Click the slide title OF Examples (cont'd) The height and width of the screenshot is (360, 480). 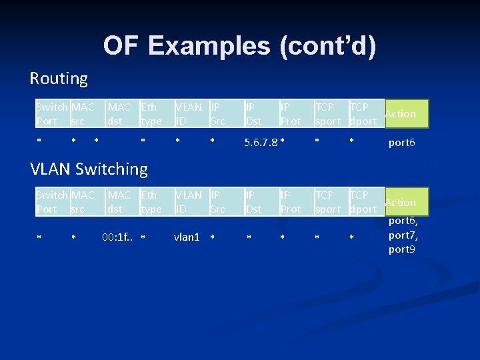pos(239,46)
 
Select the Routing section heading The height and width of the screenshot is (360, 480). pos(59,79)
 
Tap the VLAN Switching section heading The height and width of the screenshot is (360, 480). pos(89,169)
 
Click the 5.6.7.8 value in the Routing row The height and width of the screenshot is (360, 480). pos(261,142)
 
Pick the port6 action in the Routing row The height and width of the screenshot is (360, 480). pos(401,142)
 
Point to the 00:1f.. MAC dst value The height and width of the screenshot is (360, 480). pos(119,237)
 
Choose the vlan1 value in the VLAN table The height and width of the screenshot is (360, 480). pos(187,237)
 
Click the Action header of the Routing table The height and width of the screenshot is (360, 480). pos(400,114)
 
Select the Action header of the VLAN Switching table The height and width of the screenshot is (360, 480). pos(400,202)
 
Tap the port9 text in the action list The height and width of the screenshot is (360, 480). pos(401,249)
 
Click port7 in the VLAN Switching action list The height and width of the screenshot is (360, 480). pos(403,235)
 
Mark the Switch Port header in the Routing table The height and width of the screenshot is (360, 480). pos(51,114)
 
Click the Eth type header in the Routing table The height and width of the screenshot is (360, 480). pos(151,114)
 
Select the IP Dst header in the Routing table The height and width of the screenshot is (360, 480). pos(253,114)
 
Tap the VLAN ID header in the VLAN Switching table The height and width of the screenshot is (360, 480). pos(188,202)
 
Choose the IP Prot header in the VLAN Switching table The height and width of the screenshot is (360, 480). pos(290,202)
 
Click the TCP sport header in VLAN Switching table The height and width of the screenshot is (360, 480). pos(327,202)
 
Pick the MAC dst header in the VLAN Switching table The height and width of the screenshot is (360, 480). pos(119,202)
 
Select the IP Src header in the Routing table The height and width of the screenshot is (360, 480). pos(217,114)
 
